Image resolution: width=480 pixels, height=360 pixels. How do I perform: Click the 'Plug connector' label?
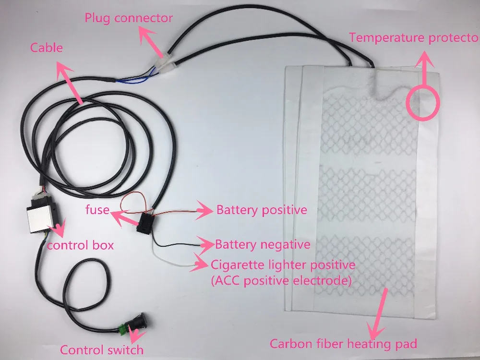tap(129, 18)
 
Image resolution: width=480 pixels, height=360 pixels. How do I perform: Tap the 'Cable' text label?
tap(47, 48)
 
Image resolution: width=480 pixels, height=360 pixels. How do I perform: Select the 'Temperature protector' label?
tap(414, 37)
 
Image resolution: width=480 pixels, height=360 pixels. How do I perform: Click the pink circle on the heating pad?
tap(423, 103)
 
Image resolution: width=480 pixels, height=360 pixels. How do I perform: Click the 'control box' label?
tap(80, 245)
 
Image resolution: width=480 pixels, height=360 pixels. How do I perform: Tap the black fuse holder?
tap(145, 223)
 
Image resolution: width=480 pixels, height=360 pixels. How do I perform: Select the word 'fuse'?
tap(97, 210)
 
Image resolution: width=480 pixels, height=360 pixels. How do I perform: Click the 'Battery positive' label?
tap(262, 210)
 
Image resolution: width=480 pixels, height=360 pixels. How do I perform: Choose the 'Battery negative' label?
tap(263, 245)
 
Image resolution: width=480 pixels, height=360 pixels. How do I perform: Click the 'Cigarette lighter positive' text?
tap(283, 265)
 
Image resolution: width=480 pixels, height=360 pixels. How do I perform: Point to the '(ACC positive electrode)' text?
tap(281, 280)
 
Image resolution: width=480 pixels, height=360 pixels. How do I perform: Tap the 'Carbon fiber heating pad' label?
tap(343, 344)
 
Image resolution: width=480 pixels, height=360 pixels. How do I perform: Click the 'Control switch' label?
tap(102, 349)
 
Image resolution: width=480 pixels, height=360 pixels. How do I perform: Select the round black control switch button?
tap(139, 322)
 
